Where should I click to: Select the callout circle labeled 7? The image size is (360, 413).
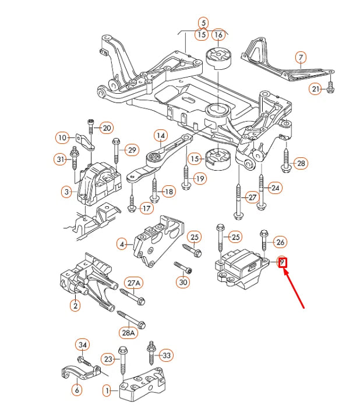click(x=300, y=58)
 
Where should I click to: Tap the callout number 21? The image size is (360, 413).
click(x=315, y=89)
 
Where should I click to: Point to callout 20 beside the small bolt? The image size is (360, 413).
click(x=107, y=128)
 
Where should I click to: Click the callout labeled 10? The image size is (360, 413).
click(x=63, y=138)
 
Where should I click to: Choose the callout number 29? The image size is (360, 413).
click(x=132, y=150)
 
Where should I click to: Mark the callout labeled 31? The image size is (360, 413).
click(x=60, y=159)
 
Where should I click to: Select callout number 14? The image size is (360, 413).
click(x=160, y=136)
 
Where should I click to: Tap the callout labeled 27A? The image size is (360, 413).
click(x=133, y=284)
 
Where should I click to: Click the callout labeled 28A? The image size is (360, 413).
click(x=128, y=333)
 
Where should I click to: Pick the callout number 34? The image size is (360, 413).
click(x=83, y=346)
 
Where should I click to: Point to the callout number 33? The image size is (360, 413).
click(x=167, y=355)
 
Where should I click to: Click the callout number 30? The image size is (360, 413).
click(x=183, y=283)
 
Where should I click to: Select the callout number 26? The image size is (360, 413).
click(x=280, y=242)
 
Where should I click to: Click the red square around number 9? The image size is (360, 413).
click(x=282, y=262)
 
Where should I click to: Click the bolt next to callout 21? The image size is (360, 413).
click(x=330, y=88)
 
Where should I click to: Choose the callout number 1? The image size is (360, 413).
click(x=107, y=390)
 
